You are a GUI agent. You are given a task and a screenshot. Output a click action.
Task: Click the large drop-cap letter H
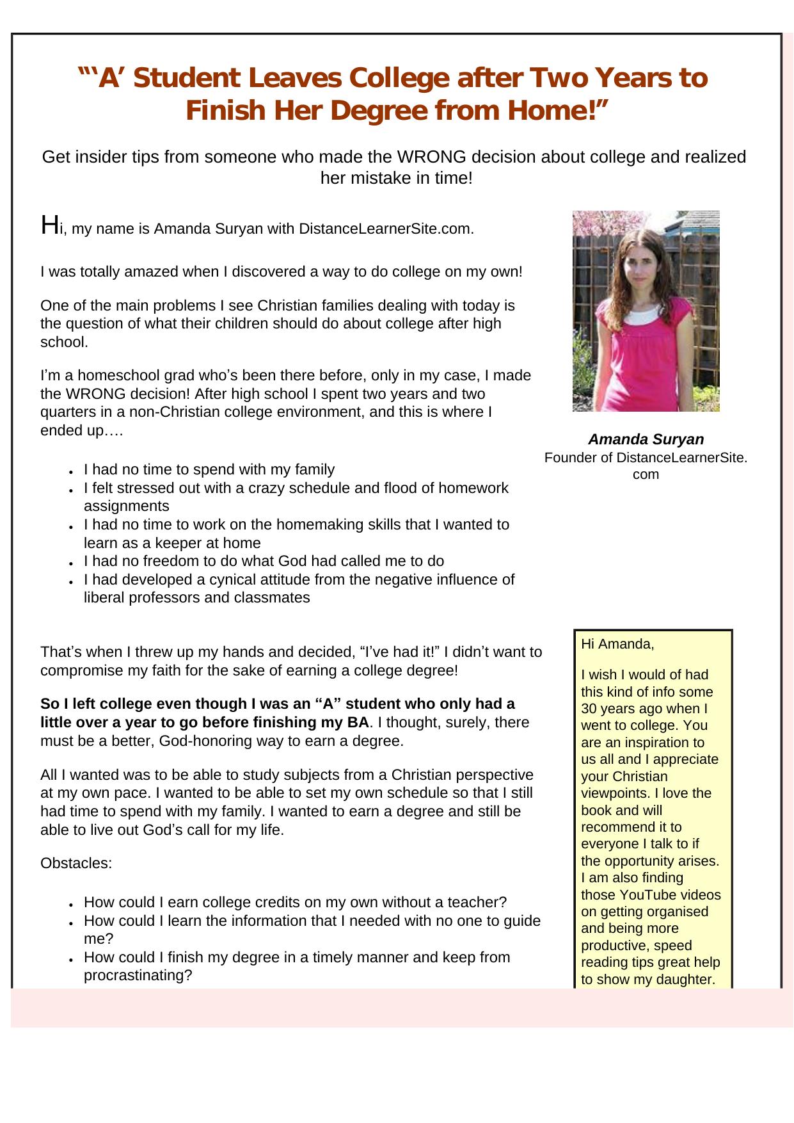click(49, 225)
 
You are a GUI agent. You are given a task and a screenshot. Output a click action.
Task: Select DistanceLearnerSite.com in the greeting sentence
click(386, 229)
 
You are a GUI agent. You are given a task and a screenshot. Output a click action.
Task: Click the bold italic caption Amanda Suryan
click(646, 439)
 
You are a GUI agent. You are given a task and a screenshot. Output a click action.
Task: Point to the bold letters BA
click(360, 722)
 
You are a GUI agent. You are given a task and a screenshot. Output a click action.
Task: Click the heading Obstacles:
click(76, 863)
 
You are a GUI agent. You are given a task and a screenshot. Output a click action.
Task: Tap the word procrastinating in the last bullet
click(138, 975)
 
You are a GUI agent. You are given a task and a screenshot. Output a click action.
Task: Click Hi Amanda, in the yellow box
click(617, 644)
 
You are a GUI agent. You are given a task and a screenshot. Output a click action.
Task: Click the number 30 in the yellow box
click(589, 709)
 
